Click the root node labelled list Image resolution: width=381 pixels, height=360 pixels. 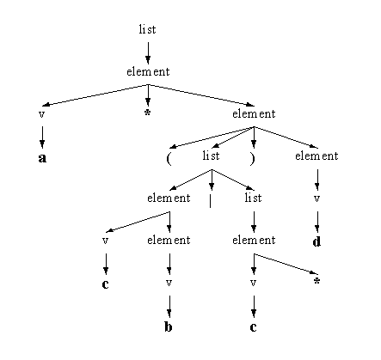click(147, 29)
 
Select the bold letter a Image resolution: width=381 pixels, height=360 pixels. click(42, 158)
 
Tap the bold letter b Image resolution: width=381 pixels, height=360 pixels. click(169, 326)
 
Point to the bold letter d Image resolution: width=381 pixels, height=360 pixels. click(316, 242)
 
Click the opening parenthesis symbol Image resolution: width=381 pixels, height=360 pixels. click(169, 159)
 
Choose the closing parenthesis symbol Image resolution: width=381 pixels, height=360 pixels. click(252, 159)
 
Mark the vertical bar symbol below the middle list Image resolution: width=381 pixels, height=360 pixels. click(211, 201)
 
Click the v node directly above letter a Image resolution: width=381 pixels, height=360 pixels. click(42, 114)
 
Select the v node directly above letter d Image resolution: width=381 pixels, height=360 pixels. click(316, 198)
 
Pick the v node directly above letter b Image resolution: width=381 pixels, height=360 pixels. click(169, 283)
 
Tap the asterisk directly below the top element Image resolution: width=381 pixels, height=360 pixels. click(147, 113)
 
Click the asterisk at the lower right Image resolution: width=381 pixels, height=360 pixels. click(316, 281)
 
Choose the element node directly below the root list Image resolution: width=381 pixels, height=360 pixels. click(148, 71)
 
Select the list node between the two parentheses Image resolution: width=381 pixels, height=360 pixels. click(211, 156)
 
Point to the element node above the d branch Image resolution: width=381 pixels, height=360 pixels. click(316, 156)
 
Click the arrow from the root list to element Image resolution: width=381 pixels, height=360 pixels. click(148, 53)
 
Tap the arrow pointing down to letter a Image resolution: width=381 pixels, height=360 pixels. click(42, 137)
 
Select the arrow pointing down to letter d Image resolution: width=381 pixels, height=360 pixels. click(316, 222)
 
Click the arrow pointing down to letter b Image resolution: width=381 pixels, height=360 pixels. click(169, 307)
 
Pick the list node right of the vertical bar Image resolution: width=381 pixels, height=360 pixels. click(253, 198)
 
